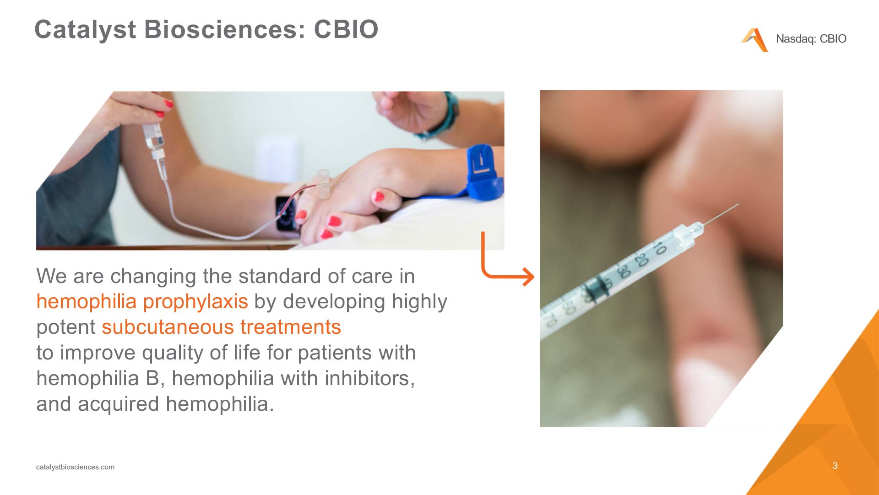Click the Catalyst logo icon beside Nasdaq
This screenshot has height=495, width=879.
tap(754, 40)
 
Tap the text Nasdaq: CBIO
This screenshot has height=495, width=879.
tap(811, 39)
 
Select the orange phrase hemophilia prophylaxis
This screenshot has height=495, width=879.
tap(142, 302)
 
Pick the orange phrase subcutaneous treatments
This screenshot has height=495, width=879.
tap(221, 327)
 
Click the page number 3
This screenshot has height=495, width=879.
tap(835, 466)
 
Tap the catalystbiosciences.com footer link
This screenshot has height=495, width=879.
tap(75, 467)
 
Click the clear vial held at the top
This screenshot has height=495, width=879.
tap(153, 135)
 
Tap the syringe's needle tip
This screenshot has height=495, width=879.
tap(738, 204)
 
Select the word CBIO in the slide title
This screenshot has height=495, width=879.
tap(346, 30)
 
